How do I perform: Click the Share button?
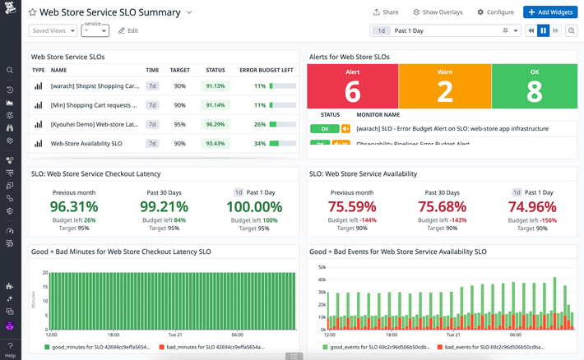click(x=385, y=12)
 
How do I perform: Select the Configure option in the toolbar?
click(x=494, y=12)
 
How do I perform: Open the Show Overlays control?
click(x=438, y=12)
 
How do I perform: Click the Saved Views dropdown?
click(x=53, y=30)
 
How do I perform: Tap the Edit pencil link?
click(x=127, y=30)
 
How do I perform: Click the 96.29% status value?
click(x=215, y=124)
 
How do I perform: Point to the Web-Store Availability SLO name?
click(x=86, y=143)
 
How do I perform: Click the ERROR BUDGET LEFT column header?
click(x=267, y=71)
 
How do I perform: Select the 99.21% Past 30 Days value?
click(x=164, y=206)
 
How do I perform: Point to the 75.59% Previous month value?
click(x=352, y=206)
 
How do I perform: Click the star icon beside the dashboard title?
click(x=33, y=13)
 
